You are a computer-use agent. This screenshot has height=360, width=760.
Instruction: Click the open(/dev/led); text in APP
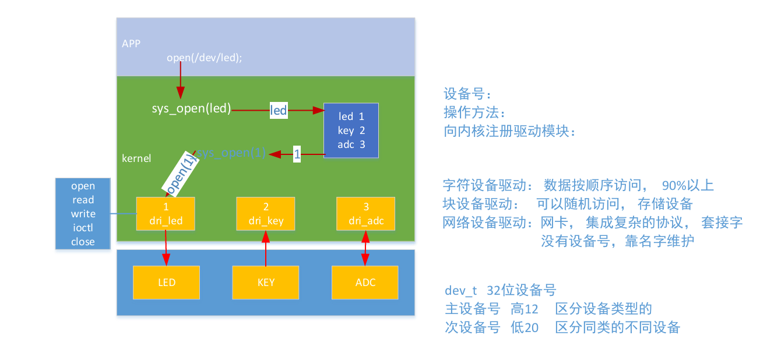point(204,57)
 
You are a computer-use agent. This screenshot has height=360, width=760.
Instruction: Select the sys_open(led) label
point(191,108)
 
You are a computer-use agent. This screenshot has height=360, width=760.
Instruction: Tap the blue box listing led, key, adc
point(351,130)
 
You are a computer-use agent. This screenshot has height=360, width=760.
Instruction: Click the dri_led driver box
point(166,214)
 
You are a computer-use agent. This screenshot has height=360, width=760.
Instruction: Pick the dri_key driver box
point(266,214)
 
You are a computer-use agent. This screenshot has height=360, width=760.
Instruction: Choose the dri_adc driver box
point(365,214)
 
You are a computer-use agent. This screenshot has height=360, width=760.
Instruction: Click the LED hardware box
point(166,283)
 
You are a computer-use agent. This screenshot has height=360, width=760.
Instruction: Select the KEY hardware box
point(266,283)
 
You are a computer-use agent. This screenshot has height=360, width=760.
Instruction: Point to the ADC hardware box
point(365,283)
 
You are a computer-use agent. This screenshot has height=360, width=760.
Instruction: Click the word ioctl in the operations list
point(83,228)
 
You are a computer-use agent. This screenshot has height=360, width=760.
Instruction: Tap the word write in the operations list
point(83,214)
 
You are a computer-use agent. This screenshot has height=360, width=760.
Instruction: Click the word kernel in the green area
point(136,158)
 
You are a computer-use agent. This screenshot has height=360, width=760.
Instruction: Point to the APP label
point(131,44)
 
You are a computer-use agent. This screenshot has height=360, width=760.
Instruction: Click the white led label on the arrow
point(279,110)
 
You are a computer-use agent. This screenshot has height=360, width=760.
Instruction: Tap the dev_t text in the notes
point(461,290)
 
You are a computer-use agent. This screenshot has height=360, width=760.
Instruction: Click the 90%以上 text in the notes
point(688,186)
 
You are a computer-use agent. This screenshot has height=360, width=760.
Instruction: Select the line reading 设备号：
point(468,94)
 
